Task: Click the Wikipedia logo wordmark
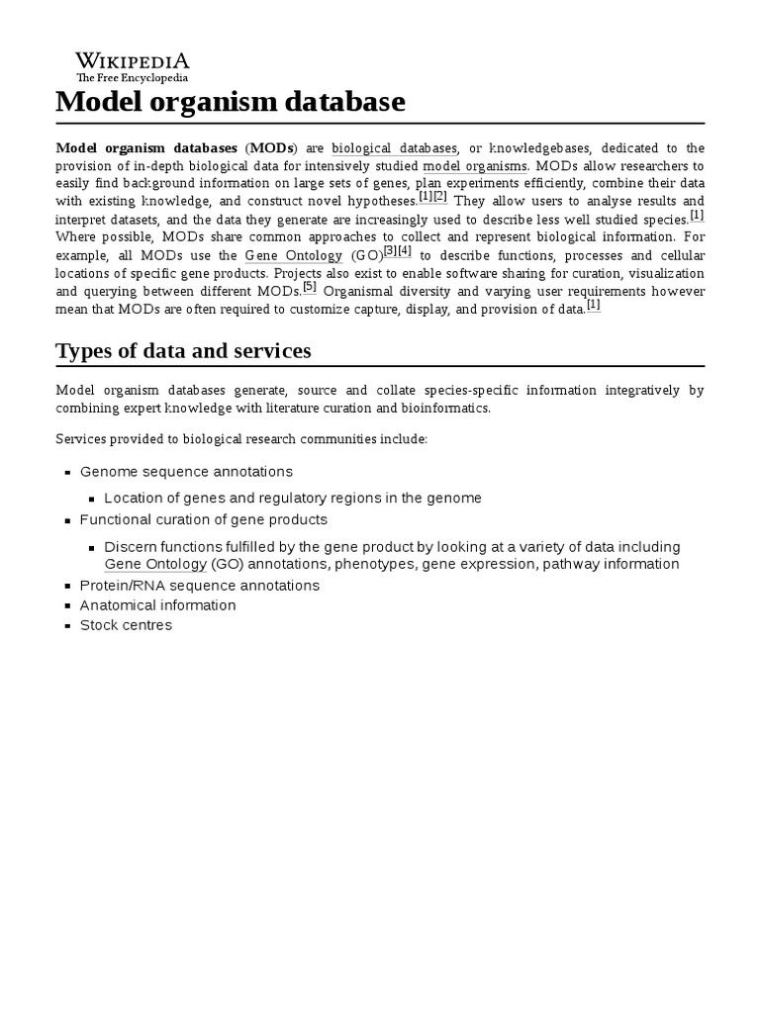coord(133,60)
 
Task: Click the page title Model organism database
coord(231,102)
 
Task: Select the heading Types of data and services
coord(183,350)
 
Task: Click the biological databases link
coord(394,148)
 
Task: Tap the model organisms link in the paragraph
coord(475,166)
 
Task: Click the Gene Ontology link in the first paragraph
coord(294,256)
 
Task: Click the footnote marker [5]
coord(310,287)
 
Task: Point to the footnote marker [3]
coord(390,251)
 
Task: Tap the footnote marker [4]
coord(404,251)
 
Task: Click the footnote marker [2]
coord(440,197)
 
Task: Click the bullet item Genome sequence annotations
coord(186,472)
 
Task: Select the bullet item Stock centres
coord(126,625)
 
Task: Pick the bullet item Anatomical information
coord(157,605)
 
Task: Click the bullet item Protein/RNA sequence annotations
coord(199,586)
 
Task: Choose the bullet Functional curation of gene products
coord(203,519)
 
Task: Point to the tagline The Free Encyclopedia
coord(133,77)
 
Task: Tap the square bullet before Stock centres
coord(67,626)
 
